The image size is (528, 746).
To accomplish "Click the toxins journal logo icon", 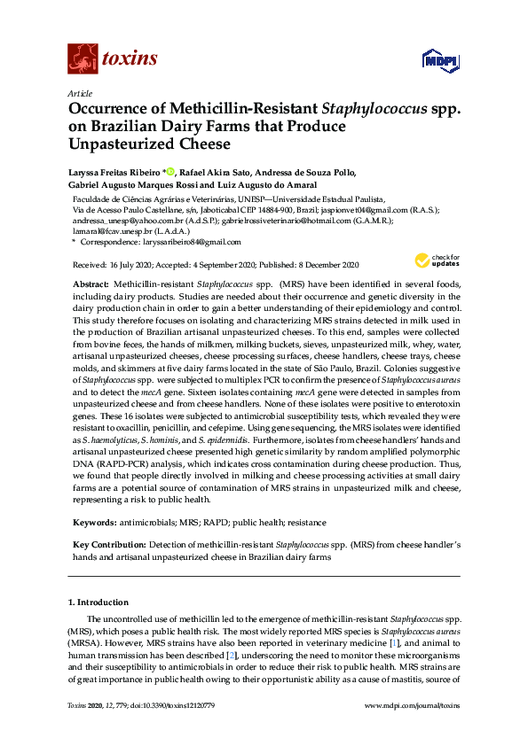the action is point(83,59).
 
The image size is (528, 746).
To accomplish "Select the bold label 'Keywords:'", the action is point(93,523).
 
